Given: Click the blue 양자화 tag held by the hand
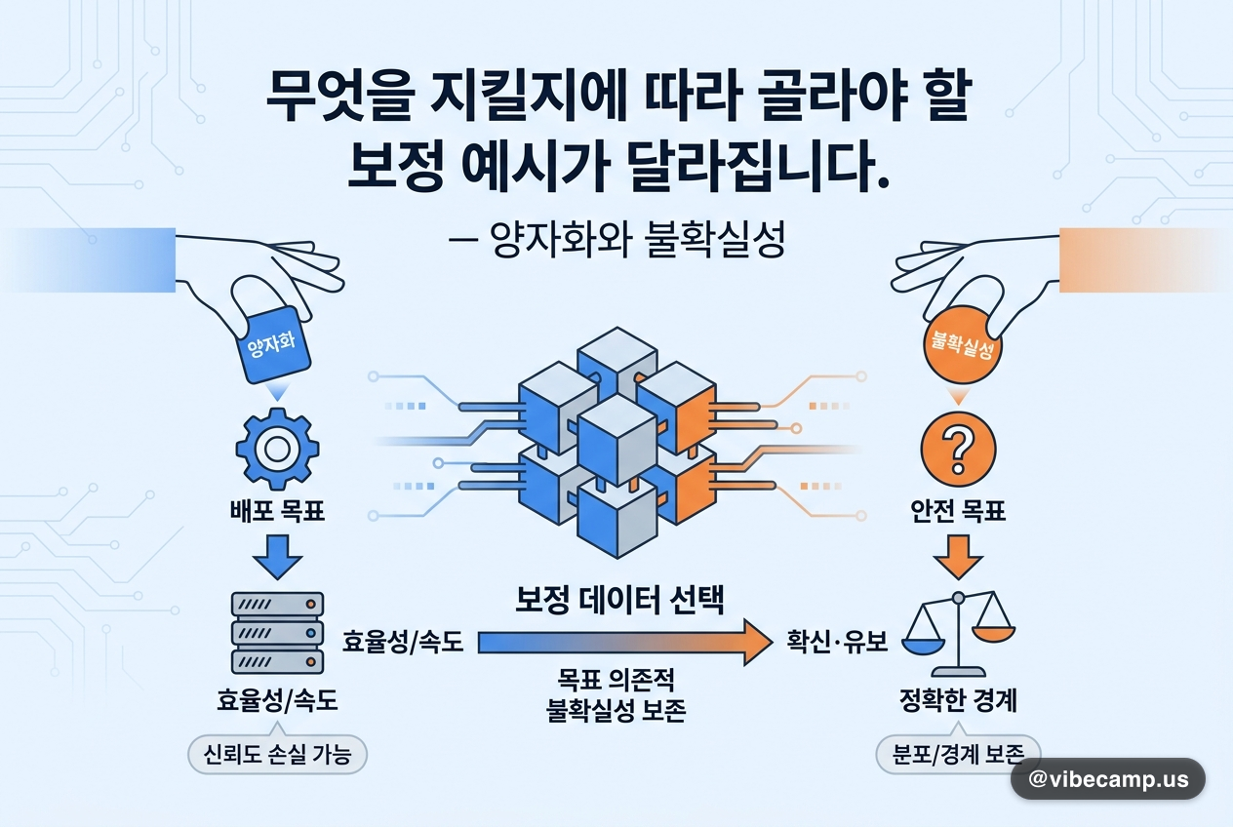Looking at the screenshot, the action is [x=271, y=345].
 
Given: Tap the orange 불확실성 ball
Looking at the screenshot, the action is [x=962, y=345].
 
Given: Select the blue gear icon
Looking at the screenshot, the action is [x=277, y=449].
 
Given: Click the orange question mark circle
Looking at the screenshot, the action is [x=958, y=449].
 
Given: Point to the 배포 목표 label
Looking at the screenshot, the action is [x=277, y=511].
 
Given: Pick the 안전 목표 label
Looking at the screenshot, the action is [x=958, y=511].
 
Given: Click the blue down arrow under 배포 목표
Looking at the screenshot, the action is [x=277, y=556].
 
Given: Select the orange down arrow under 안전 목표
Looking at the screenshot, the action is [x=958, y=556].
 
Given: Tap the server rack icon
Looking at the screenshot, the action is [x=277, y=633].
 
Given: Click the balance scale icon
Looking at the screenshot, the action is [x=958, y=634].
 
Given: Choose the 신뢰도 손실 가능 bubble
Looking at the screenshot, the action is [x=277, y=755].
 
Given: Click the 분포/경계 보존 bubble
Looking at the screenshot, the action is [x=958, y=755].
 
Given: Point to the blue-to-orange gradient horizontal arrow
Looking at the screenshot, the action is [x=625, y=642].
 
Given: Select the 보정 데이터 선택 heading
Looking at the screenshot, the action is [x=619, y=599].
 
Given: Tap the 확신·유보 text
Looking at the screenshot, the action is [x=837, y=642].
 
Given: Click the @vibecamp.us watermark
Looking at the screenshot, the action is [x=1108, y=779].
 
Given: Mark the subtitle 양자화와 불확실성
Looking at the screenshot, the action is [x=637, y=240].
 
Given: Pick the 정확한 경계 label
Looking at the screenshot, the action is [x=958, y=700].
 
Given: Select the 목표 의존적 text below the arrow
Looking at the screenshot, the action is [x=616, y=680].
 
